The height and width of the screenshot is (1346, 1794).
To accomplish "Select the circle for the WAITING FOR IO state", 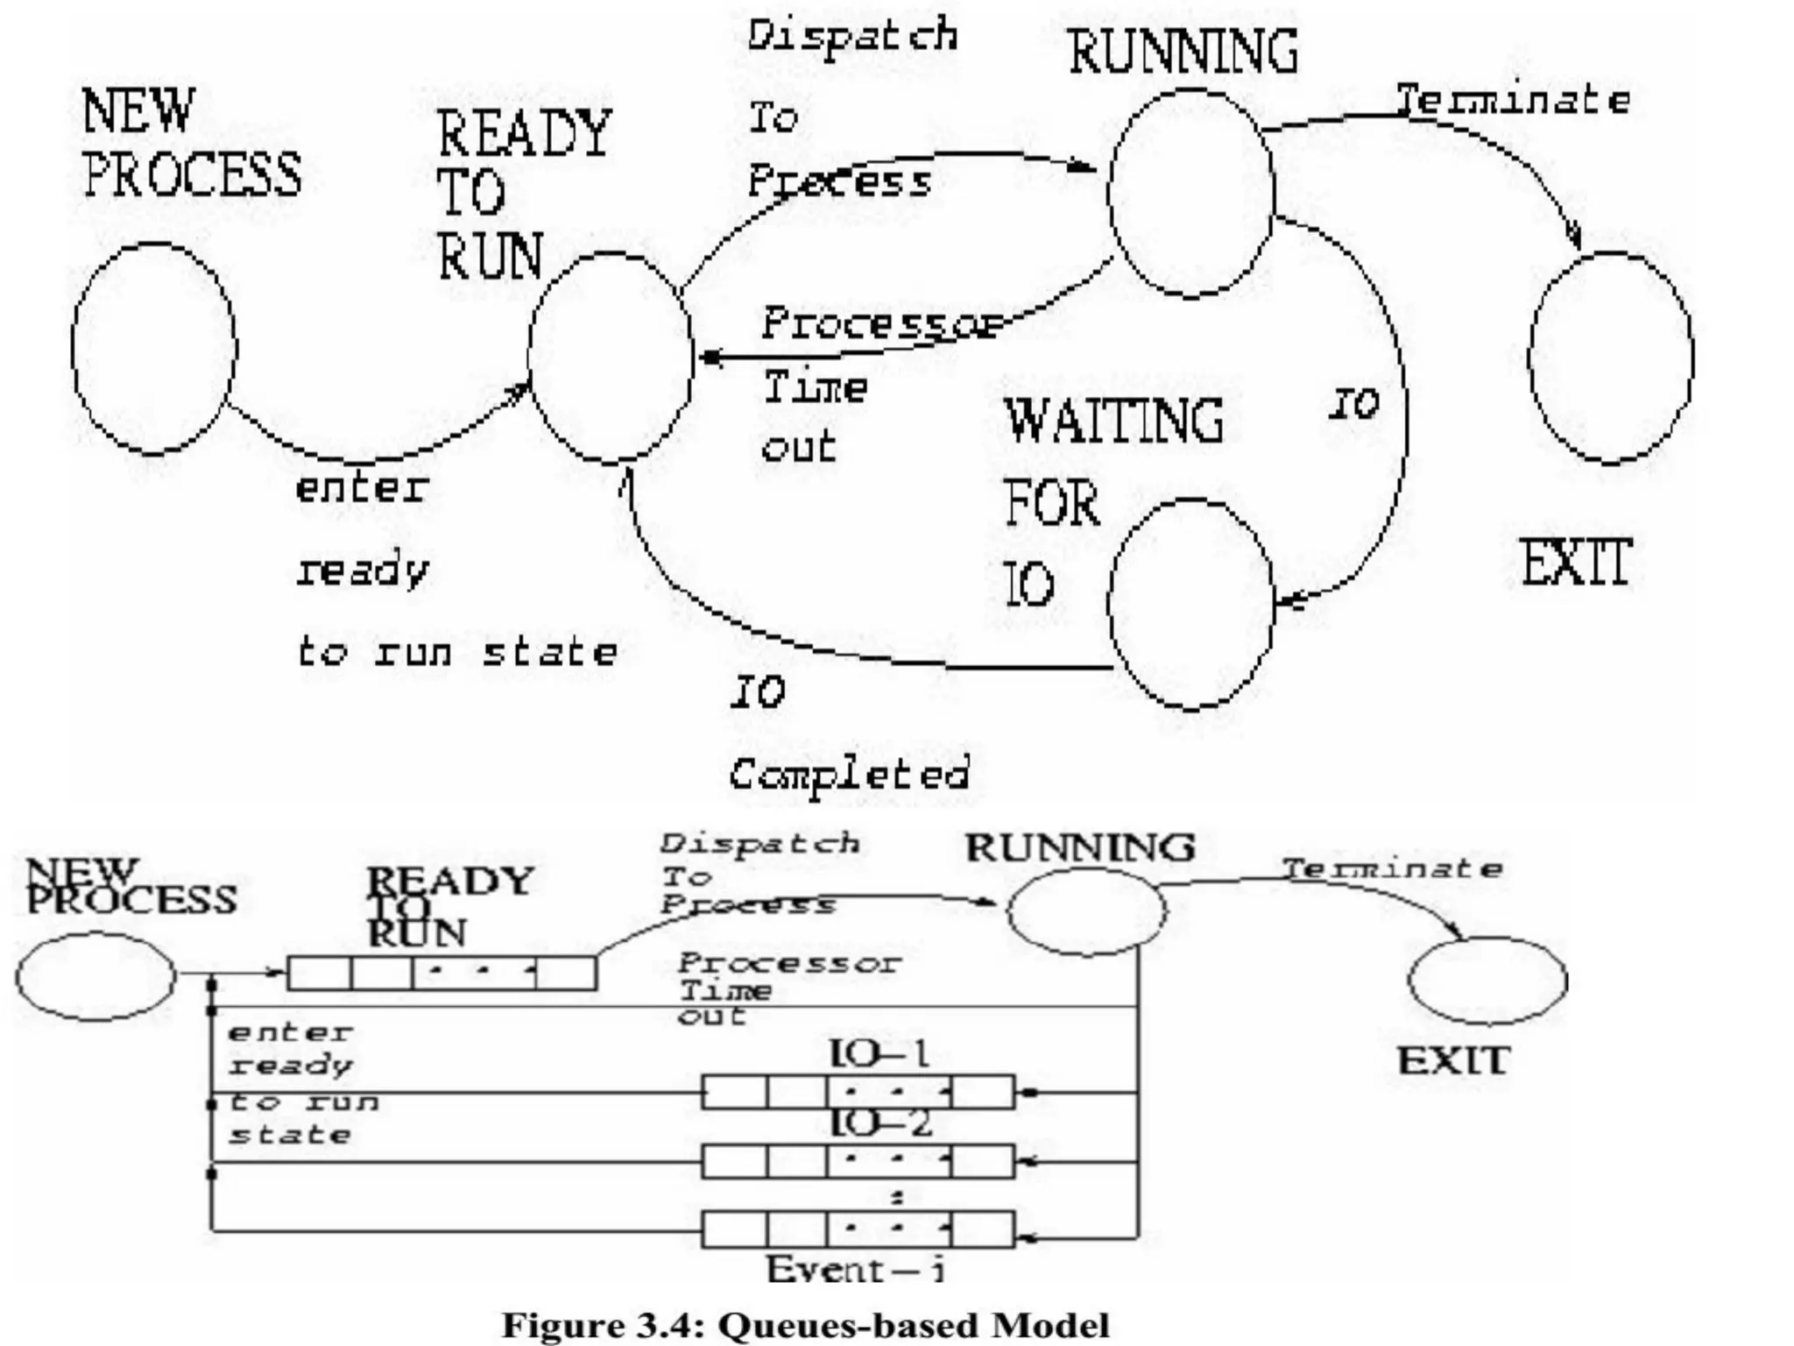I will (x=1190, y=603).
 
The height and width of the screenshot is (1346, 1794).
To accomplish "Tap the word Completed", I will (x=849, y=775).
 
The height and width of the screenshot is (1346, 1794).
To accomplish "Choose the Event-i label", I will (x=856, y=1270).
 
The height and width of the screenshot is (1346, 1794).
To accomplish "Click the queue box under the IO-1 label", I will (x=858, y=1092).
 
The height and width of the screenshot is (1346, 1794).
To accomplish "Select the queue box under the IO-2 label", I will (x=858, y=1161).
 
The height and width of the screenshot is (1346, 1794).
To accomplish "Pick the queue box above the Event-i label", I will (x=858, y=1229).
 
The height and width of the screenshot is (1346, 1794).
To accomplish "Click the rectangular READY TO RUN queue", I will (x=442, y=974).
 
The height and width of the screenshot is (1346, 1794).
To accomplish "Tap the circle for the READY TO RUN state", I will (x=611, y=358).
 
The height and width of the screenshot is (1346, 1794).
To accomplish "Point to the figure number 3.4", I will (x=672, y=1326).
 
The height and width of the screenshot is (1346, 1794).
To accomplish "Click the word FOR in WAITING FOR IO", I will (x=1051, y=505).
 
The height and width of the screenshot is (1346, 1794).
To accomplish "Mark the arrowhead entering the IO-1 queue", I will (x=1030, y=1093).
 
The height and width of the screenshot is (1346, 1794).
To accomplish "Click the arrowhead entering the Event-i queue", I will (x=1030, y=1238).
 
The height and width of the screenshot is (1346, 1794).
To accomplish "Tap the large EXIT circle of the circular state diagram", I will (x=1610, y=358).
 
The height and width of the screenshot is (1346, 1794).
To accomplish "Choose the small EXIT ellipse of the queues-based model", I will (x=1487, y=980).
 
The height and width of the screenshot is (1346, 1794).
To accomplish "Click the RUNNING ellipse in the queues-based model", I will (x=1086, y=911).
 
